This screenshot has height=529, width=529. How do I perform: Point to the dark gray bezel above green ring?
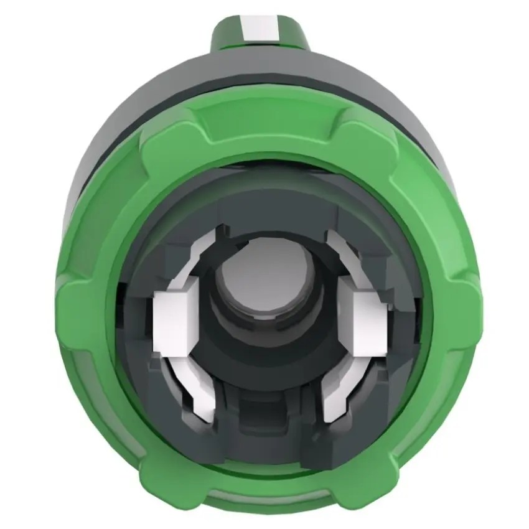pos(264,81)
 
